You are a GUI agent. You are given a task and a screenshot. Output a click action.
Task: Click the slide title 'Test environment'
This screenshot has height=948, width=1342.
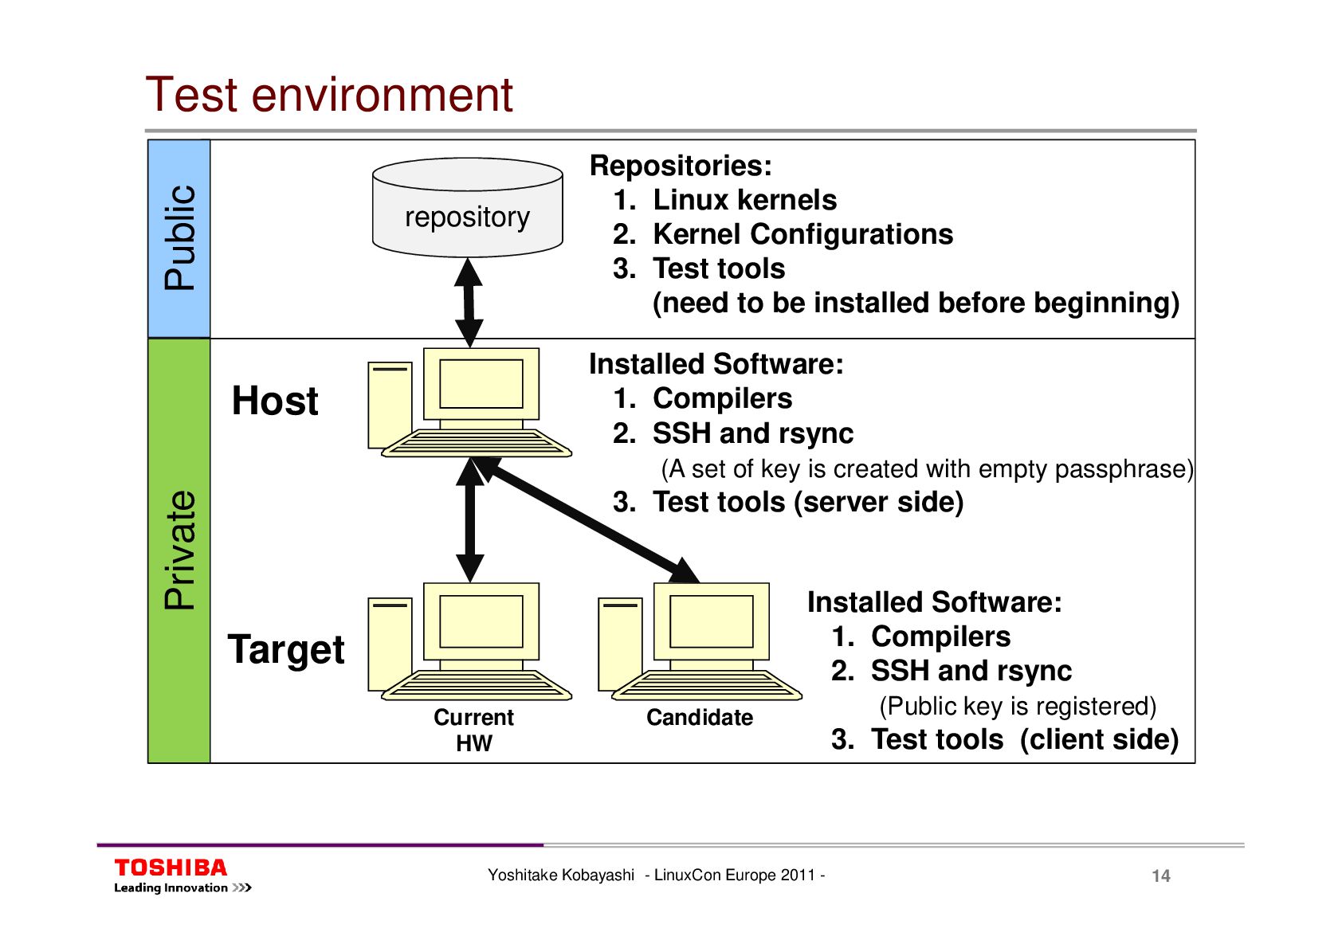329,95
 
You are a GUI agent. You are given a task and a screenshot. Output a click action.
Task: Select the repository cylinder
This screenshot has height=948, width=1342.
468,209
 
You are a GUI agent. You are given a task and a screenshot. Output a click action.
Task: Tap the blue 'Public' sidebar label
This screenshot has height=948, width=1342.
179,238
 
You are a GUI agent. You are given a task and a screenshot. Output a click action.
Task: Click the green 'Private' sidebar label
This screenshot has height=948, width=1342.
179,550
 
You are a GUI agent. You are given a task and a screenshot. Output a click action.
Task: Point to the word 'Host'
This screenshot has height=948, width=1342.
275,401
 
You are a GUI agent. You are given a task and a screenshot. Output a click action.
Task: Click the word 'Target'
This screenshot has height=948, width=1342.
286,649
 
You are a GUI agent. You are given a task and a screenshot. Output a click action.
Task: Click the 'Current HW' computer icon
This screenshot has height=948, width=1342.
470,641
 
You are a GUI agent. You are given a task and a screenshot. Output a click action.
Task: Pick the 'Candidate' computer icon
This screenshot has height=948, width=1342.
700,641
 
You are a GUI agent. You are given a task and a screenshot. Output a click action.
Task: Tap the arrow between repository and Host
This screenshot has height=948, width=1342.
469,303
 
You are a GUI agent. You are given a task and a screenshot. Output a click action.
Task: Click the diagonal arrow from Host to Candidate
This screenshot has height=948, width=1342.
590,521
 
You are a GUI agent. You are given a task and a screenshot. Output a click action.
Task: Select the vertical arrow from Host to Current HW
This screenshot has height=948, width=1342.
470,521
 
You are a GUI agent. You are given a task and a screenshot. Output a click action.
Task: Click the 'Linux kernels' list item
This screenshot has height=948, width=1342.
744,200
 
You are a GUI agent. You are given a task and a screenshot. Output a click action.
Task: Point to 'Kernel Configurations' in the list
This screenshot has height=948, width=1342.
802,234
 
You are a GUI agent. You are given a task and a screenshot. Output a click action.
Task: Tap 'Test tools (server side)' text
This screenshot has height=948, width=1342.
807,502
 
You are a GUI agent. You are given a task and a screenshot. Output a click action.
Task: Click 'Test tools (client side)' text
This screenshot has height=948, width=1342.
1024,739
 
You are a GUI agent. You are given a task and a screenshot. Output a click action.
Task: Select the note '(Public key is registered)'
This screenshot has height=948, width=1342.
1018,706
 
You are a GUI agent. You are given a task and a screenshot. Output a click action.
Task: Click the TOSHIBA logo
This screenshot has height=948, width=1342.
171,868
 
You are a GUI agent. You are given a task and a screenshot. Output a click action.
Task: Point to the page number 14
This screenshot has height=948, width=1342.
1160,876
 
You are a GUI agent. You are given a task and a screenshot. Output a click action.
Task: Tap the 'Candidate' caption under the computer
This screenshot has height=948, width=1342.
700,718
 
